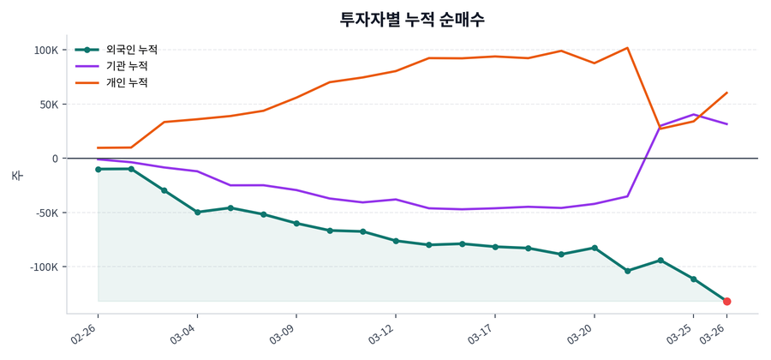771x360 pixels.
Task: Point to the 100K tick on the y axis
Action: click(46, 50)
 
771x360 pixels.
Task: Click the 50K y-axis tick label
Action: click(49, 105)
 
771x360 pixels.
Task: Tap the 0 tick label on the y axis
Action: click(55, 159)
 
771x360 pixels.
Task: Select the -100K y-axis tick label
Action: click(45, 267)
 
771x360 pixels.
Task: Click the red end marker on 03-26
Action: click(726, 302)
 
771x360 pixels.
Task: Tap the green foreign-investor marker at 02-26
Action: click(98, 170)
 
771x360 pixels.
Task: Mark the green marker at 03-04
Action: click(197, 212)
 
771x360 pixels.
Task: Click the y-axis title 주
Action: click(17, 176)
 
